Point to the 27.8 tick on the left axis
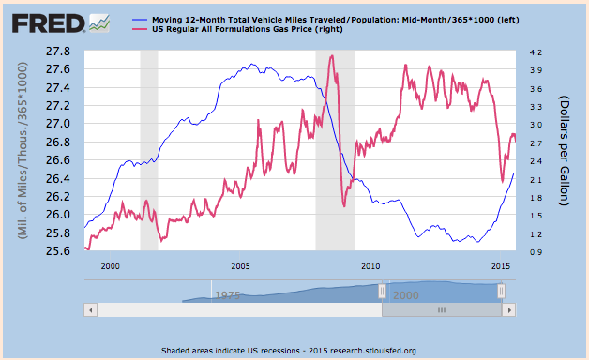[62, 51]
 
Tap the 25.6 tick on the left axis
[62, 251]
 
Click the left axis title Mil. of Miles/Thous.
[19, 151]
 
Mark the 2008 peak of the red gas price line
[331, 56]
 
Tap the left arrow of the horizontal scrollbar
[90, 309]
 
